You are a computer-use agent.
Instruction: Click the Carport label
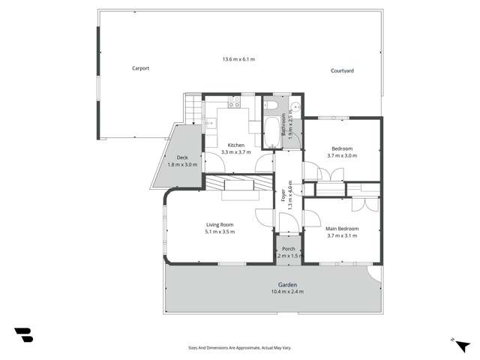140,68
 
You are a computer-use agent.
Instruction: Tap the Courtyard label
342,70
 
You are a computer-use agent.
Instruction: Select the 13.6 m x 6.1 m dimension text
238,59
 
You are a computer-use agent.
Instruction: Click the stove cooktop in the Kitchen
231,102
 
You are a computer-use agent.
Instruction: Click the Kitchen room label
236,145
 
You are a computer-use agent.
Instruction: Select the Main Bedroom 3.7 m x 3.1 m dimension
341,235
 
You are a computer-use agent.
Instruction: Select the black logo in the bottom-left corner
23,334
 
